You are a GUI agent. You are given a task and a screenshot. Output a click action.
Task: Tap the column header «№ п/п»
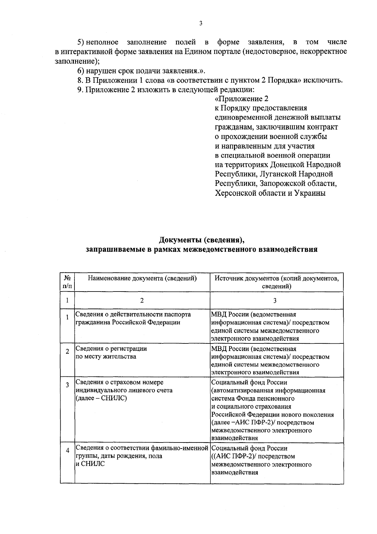point(67,282)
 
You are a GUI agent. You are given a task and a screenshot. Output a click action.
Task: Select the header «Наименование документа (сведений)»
point(142,278)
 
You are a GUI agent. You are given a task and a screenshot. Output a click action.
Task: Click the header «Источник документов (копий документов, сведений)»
point(276,282)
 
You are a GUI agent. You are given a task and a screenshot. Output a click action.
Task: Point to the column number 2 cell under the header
point(142,301)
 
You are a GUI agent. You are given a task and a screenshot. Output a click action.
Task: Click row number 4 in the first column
point(67,451)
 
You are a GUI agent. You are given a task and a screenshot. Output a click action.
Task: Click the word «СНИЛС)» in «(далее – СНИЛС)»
point(115,398)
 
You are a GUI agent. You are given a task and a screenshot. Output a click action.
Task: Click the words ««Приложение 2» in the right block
point(242,99)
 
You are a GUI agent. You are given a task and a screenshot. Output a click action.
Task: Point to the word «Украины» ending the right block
point(310,193)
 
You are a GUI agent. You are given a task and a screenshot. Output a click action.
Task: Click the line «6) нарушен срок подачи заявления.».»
point(141,71)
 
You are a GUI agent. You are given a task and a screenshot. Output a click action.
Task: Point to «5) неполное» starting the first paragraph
point(98,42)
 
